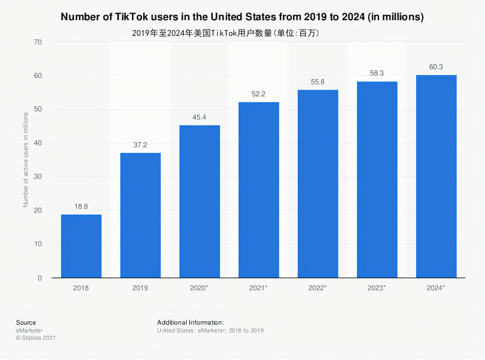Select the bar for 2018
[81, 246]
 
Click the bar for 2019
[141, 215]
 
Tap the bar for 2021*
[259, 190]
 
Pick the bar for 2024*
[436, 176]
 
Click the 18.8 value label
[81, 206]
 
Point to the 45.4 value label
[199, 117]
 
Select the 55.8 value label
[318, 82]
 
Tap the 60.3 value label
[436, 67]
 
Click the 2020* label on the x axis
[199, 288]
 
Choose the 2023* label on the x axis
[377, 288]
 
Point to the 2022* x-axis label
[317, 288]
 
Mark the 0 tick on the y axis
[40, 278]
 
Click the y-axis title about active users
[26, 160]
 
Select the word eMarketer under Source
[30, 330]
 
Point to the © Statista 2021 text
[36, 338]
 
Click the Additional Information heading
[190, 322]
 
